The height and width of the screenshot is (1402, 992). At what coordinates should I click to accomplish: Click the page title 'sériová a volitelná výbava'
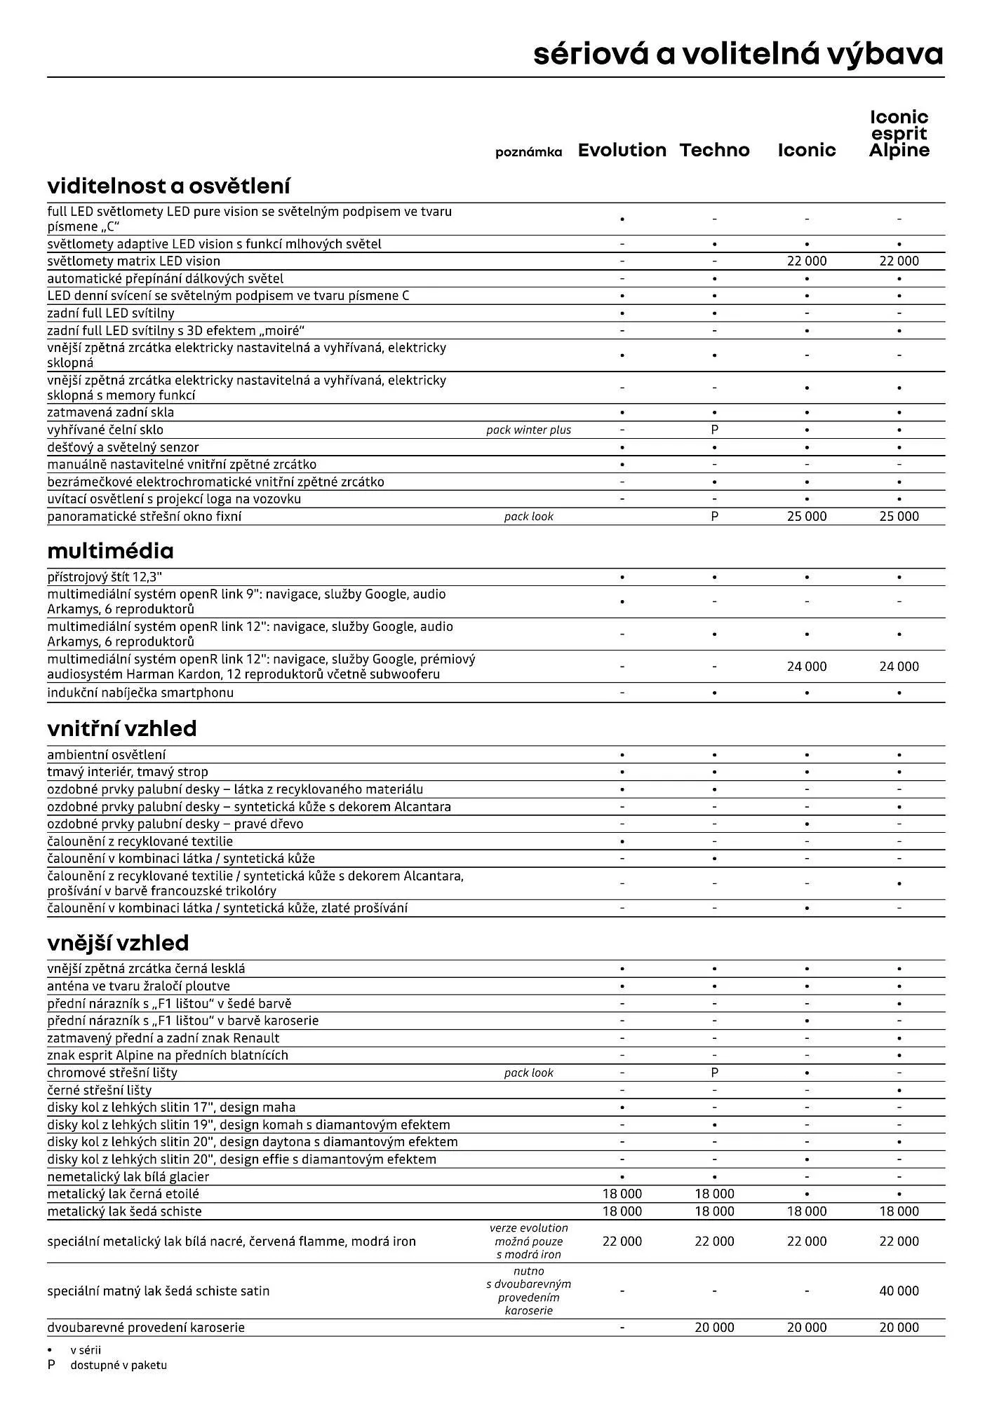(738, 54)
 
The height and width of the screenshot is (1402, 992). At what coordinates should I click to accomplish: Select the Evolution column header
(622, 150)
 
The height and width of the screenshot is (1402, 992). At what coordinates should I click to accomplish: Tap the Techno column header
(714, 150)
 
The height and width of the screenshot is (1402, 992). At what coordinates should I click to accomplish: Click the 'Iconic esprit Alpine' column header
(899, 134)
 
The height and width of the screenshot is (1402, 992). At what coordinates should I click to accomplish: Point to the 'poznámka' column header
(528, 152)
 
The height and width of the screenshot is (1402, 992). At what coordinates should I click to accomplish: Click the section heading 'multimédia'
(110, 551)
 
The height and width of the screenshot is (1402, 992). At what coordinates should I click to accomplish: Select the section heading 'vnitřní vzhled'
(122, 729)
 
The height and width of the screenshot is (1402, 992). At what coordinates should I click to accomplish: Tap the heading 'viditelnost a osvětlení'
(168, 186)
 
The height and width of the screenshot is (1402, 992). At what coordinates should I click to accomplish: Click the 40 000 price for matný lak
(899, 1291)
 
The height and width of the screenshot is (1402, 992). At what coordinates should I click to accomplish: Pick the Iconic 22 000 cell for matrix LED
(806, 261)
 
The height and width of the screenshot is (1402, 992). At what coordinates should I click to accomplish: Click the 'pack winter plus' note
(528, 430)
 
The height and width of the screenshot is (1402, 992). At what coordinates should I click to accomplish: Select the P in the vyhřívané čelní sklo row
(714, 430)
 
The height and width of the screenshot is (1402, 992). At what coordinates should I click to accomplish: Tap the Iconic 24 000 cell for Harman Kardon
(806, 666)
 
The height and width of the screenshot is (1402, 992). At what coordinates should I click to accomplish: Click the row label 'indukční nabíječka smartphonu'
(140, 693)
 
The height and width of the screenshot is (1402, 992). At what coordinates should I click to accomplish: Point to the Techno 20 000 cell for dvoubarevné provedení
(714, 1327)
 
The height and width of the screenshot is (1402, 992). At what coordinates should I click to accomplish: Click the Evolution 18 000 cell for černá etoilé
(622, 1194)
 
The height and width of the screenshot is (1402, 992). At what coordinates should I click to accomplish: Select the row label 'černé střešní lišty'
(99, 1090)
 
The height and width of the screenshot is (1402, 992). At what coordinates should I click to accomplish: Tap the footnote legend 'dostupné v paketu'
(118, 1365)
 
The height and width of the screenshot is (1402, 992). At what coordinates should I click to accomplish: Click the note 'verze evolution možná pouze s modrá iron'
(528, 1241)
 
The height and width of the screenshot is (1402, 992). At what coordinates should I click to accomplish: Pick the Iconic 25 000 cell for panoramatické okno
(806, 516)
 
